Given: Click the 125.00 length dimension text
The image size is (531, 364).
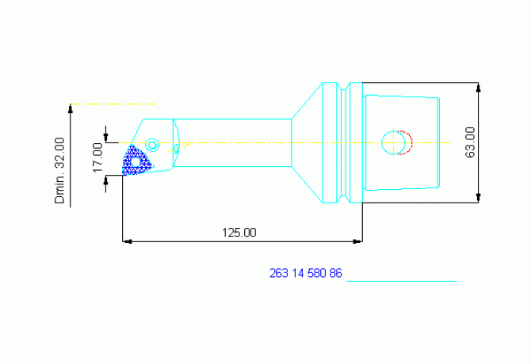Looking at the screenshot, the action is click(x=239, y=233).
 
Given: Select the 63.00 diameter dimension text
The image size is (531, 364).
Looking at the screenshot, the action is click(x=470, y=142).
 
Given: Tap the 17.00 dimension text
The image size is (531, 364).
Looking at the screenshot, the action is click(x=97, y=157).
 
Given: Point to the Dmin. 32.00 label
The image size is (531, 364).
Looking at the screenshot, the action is click(x=59, y=170).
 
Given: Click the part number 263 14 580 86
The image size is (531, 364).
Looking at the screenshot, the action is click(x=305, y=273).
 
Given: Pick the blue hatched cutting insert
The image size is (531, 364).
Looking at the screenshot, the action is click(x=136, y=161).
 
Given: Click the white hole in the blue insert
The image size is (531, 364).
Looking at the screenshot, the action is click(x=136, y=162).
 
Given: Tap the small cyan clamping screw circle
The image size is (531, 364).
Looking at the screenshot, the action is click(x=152, y=145).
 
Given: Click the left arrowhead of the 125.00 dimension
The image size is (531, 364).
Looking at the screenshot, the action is click(x=127, y=241).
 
